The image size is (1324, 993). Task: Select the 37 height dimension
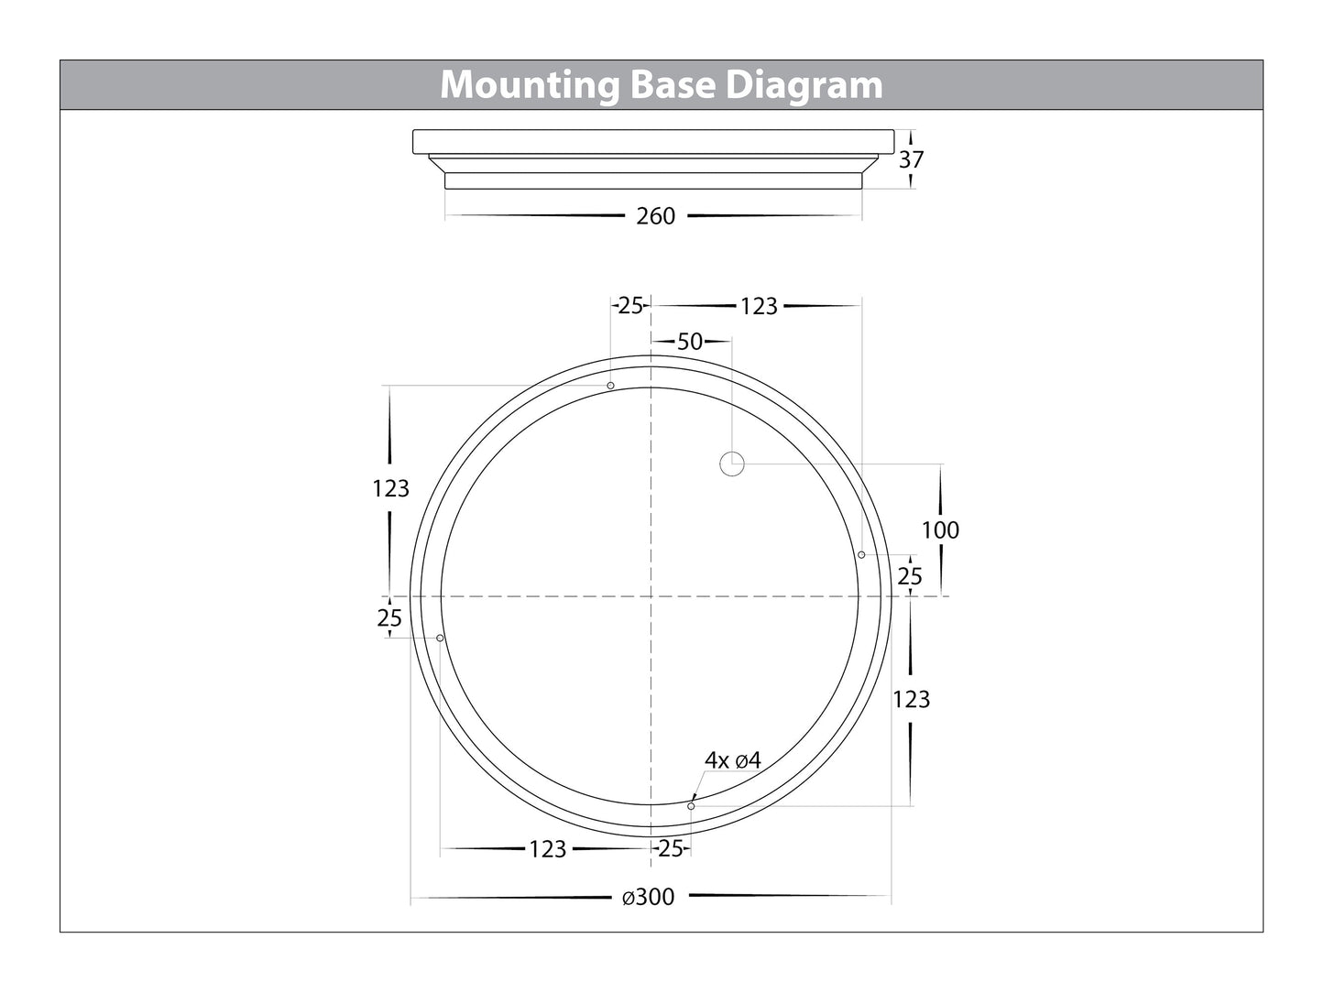(911, 159)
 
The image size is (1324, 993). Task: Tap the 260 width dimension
(655, 216)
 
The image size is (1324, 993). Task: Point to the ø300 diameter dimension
(649, 897)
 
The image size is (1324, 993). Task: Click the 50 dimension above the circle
(690, 342)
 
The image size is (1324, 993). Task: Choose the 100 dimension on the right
(940, 529)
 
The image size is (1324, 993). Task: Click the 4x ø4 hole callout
(733, 760)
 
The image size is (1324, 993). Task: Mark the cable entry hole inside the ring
(731, 464)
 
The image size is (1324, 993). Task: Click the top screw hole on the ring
(611, 386)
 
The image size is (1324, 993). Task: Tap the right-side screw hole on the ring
(861, 554)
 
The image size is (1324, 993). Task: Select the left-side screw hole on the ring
(441, 638)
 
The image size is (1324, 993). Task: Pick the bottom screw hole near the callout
(691, 806)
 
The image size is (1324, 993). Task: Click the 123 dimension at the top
(759, 306)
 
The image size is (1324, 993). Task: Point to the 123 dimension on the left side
(390, 488)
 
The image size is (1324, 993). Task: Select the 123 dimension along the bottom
(547, 849)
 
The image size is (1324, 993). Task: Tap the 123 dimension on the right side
(911, 699)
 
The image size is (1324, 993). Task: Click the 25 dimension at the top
(630, 306)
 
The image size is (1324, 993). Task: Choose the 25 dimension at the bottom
(671, 849)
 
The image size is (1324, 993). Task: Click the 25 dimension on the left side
(389, 618)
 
